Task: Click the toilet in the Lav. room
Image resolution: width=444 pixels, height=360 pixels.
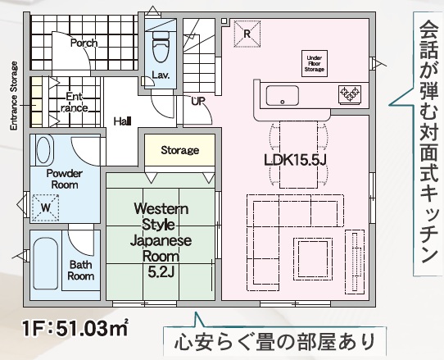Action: point(160,46)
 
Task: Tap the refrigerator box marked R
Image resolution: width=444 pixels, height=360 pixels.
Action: point(247,34)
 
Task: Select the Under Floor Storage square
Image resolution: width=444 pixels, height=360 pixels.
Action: point(315,63)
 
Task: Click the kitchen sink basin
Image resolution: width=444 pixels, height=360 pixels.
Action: point(283,95)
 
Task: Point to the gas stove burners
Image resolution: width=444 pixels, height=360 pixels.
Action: point(350,93)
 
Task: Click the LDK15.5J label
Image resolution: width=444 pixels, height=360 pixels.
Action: point(296,160)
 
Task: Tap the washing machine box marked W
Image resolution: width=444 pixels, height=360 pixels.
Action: point(46,207)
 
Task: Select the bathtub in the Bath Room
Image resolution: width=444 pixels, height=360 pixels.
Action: point(46,263)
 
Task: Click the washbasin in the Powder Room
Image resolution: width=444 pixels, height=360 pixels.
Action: point(43,150)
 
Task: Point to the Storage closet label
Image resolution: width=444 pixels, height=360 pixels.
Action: point(179,150)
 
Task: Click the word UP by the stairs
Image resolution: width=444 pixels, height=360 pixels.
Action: point(198,101)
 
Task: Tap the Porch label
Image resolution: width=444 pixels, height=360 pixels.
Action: point(84,43)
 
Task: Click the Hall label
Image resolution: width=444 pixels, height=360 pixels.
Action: point(122,121)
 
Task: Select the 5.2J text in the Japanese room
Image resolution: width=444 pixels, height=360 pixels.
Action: point(161,271)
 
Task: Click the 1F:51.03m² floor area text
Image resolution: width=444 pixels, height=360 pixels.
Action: point(75,328)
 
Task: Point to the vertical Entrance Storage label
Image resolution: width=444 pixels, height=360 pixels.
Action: point(14,96)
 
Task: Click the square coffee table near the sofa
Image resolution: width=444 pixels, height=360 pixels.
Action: point(313,257)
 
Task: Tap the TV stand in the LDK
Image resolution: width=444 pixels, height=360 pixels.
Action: point(355,262)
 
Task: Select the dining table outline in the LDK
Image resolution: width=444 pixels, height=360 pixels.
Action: point(298,154)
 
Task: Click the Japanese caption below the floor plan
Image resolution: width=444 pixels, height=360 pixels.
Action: point(274,342)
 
